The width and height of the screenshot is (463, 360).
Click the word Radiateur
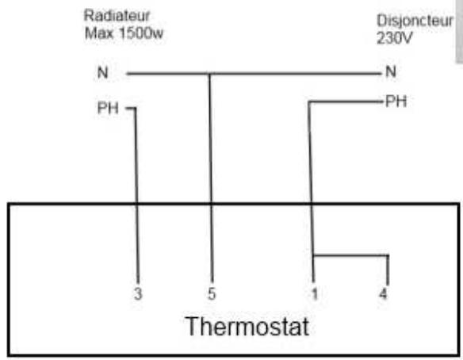pos(117,15)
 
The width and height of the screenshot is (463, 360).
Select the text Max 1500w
pos(124,33)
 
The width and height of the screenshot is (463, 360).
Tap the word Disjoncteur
pos(415,21)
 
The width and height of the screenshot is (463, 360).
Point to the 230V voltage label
pos(394,38)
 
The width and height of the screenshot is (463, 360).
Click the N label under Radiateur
pos(103,73)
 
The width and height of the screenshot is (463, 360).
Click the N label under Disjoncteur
pos(391,71)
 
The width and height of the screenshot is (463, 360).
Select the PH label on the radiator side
pos(108,108)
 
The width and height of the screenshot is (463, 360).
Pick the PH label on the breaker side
pos(396,101)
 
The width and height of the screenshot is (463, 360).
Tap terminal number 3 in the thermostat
pos(138,294)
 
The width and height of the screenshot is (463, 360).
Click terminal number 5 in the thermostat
pos(212,294)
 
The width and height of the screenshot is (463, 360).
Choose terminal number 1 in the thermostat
pos(315,294)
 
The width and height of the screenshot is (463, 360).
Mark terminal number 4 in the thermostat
pos(383,294)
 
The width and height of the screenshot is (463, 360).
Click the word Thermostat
pos(247,327)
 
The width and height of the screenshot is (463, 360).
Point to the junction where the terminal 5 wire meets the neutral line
pos(209,74)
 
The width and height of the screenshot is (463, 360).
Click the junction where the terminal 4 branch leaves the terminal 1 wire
pos(313,255)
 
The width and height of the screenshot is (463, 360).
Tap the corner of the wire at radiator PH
pos(136,109)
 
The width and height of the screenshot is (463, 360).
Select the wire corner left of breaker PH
pos(309,102)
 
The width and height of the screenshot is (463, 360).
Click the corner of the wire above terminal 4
pos(388,255)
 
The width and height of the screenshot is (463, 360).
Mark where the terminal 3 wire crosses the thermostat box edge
pos(136,204)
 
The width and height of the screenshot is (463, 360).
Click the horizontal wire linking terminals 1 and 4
pos(350,255)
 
